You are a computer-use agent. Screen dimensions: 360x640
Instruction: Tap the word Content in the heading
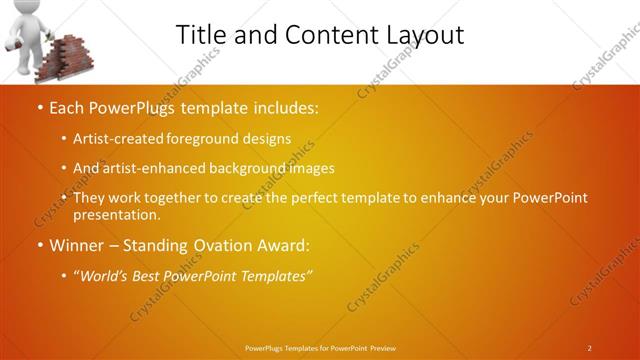[x=322, y=34]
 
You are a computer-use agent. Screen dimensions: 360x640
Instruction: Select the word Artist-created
[x=118, y=139]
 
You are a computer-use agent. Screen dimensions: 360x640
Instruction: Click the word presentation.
[x=116, y=214]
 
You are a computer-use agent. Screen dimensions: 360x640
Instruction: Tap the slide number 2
[x=589, y=347]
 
